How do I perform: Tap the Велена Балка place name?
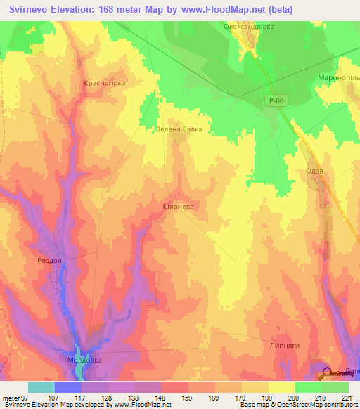[179, 129]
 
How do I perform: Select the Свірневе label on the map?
[179, 207]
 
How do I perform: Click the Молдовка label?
[84, 359]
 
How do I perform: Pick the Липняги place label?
[295, 346]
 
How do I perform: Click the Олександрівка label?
[248, 26]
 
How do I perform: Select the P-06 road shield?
[276, 101]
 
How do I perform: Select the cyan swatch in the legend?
[41, 387]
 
